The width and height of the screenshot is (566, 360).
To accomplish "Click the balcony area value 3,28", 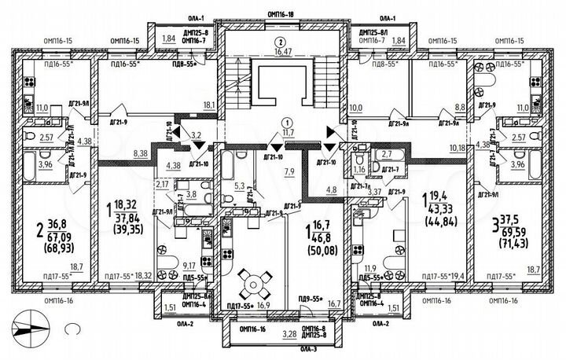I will [x=288, y=334].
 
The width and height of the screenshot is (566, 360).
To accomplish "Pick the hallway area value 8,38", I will [x=142, y=154].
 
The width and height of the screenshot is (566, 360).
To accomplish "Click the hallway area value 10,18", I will [x=458, y=147].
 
